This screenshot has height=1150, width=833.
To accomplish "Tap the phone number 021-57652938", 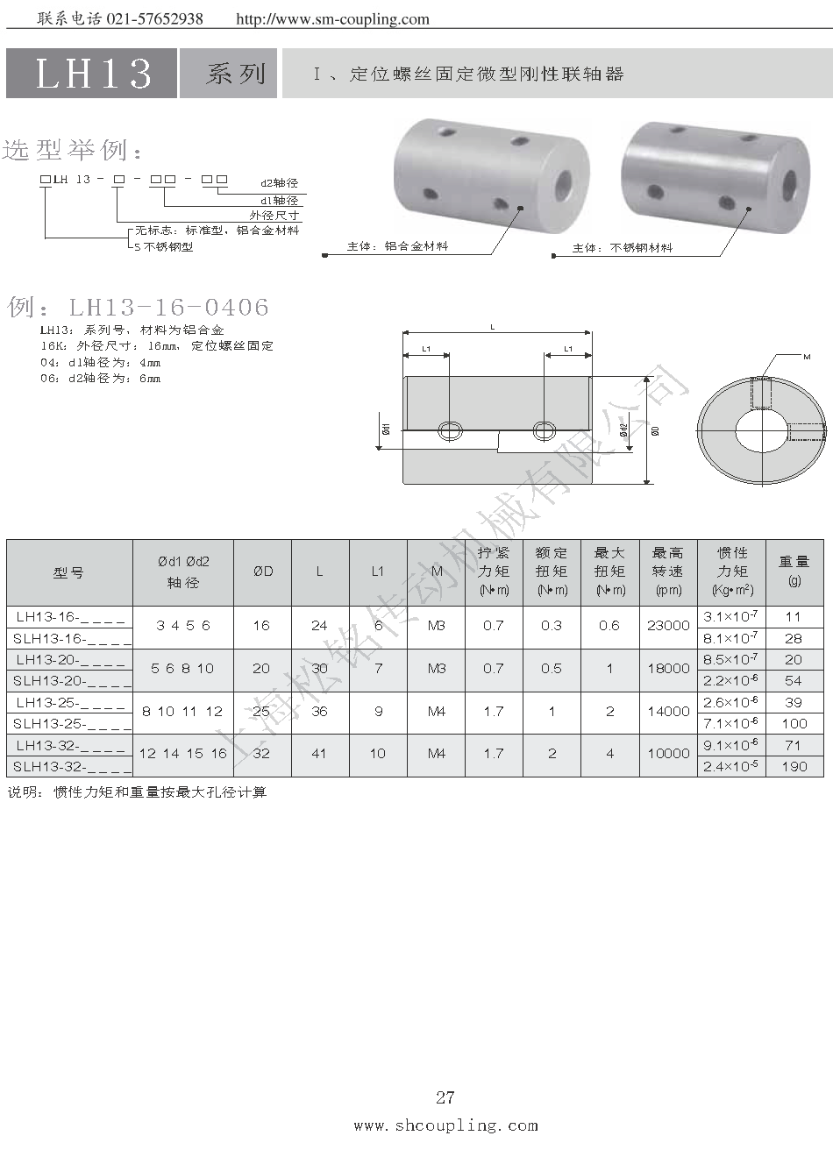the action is (154, 19).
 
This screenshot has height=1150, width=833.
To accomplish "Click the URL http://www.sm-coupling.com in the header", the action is (333, 19).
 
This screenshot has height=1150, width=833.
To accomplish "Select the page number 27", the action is (445, 1097).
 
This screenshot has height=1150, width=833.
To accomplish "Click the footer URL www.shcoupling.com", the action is (445, 1125).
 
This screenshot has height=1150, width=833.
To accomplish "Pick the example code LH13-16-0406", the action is (169, 307).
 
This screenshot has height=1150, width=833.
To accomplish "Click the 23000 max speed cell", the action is (668, 625).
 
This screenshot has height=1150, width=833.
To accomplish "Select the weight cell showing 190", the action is (794, 766).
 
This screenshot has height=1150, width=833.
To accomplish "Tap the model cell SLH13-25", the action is (70, 723).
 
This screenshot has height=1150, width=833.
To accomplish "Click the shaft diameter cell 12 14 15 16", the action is (183, 754).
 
